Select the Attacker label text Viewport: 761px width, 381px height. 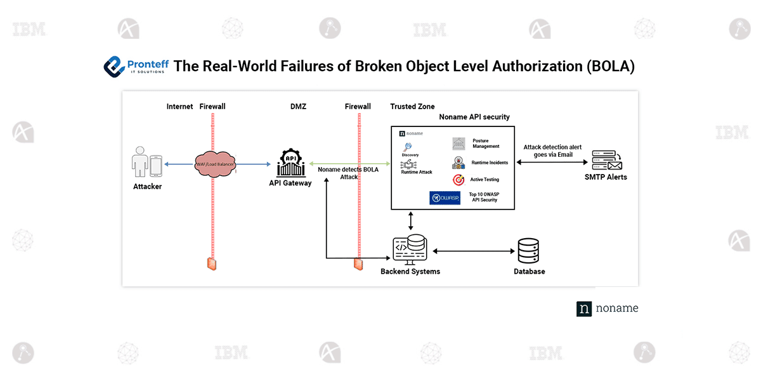(147, 187)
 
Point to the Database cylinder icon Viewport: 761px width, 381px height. (528, 251)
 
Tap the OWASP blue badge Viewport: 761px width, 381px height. (445, 198)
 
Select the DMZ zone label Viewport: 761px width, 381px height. (298, 107)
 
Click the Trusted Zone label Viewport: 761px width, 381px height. (412, 107)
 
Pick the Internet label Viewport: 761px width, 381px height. (179, 107)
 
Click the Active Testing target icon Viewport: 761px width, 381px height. (459, 180)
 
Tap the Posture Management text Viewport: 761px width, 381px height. (486, 144)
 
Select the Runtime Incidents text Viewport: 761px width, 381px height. (490, 163)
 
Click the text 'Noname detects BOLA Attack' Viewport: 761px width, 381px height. (349, 173)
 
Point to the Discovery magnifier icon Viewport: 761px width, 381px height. (408, 147)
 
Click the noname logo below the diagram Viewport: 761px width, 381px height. (607, 309)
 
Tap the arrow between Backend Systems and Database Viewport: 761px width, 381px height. (473, 251)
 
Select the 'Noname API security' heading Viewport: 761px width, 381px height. (474, 117)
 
